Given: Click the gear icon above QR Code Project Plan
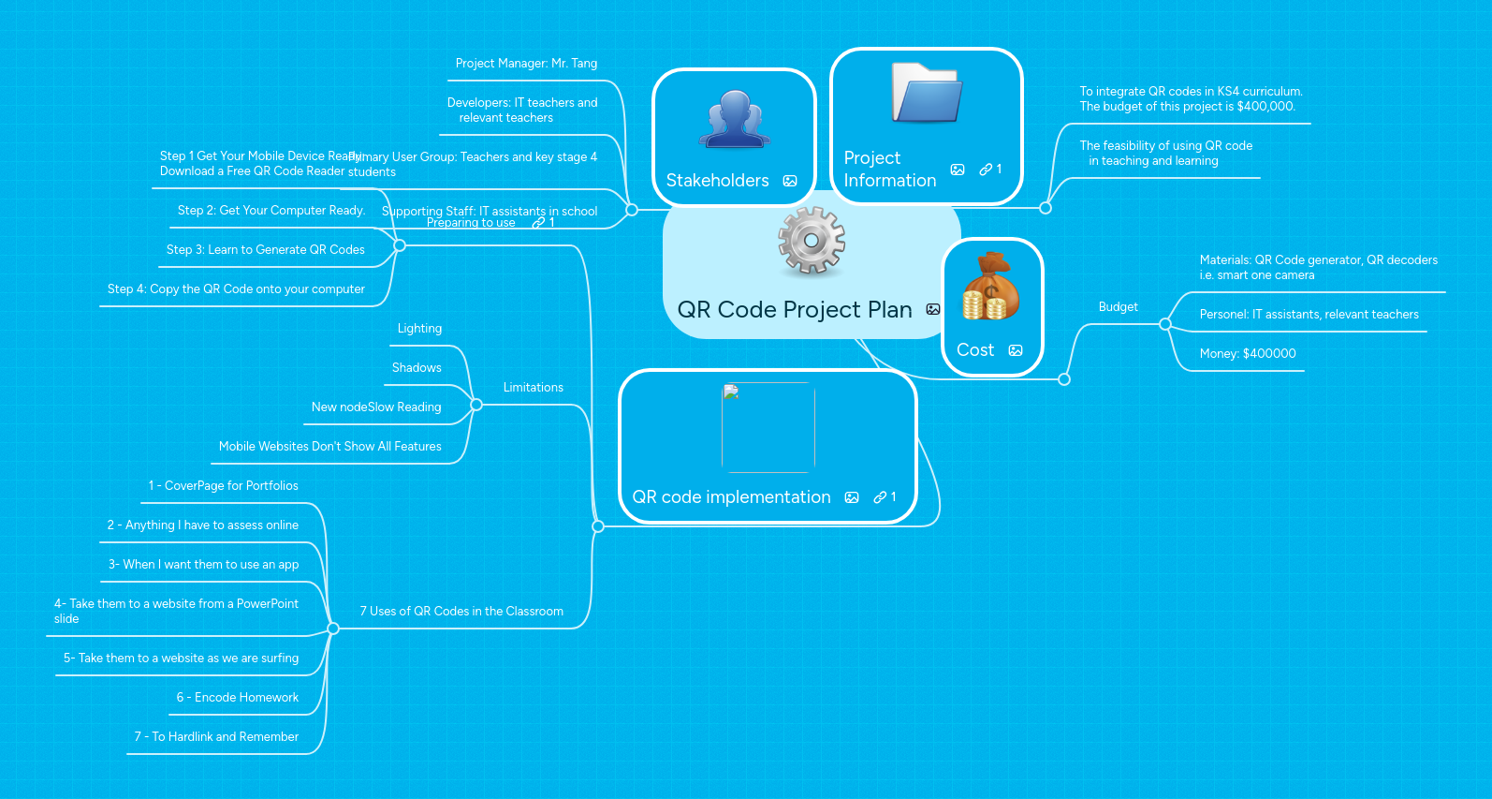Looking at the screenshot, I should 812,241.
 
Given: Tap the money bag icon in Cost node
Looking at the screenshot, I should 990,287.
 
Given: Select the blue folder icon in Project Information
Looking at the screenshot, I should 926,93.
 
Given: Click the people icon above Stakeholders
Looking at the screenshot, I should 735,120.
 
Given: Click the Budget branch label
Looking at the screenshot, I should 1118,307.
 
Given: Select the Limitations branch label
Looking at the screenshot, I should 534,388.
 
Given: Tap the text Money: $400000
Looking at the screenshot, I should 1248,354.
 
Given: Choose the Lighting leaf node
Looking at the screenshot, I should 419,329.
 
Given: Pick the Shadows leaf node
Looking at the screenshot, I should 417,368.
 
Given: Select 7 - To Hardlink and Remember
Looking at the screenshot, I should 216,737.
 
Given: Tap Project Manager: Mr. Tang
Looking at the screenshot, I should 526,64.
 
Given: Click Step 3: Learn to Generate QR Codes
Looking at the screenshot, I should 266,250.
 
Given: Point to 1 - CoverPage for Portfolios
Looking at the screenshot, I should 223,486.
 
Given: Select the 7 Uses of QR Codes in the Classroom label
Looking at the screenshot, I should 461,612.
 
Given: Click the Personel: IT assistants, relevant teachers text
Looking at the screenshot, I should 1309,315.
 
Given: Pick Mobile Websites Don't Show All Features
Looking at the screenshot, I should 329,447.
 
